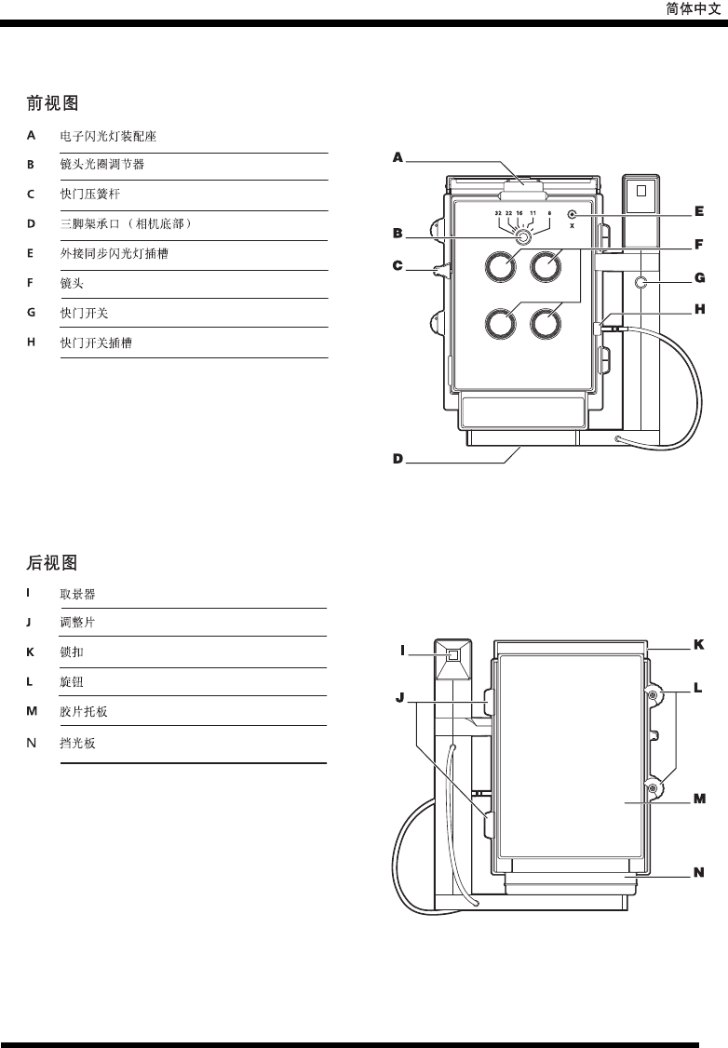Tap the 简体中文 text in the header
[x=693, y=8]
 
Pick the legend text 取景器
[x=78, y=593]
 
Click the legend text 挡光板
[x=78, y=744]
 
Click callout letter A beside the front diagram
[x=398, y=158]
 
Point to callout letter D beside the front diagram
[x=398, y=459]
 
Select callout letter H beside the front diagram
[x=697, y=309]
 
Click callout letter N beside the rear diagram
[x=697, y=873]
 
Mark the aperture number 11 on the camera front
[x=533, y=214]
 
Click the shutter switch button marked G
[x=640, y=281]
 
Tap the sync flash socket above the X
[x=572, y=214]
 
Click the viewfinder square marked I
[x=453, y=655]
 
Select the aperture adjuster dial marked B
[x=523, y=237]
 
